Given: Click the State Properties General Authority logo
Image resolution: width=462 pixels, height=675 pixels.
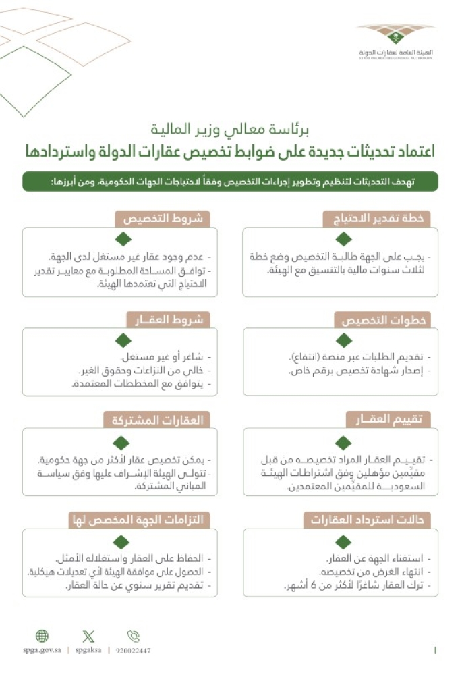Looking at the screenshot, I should (x=395, y=41).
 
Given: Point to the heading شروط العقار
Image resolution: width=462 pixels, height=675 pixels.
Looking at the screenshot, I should (x=165, y=319).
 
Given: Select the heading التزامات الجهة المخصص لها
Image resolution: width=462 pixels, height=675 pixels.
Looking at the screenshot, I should (x=140, y=520).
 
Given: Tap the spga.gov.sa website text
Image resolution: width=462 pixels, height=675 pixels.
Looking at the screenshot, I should (x=42, y=651).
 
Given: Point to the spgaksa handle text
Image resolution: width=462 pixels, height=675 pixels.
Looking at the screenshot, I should (x=88, y=651).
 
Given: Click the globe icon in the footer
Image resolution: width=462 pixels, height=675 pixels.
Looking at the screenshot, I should (x=42, y=636).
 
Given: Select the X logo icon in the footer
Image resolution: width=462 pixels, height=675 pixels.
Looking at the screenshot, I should (x=88, y=636).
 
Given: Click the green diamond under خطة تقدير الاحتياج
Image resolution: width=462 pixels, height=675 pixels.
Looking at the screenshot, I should (x=343, y=239).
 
